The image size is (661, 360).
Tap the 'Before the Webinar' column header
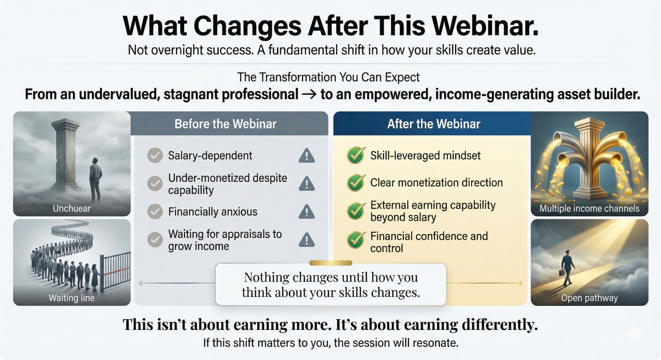[x=225, y=124]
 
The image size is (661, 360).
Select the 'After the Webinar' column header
[x=433, y=124]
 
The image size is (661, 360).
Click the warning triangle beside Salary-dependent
[x=306, y=156]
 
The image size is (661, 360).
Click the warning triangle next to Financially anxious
[x=306, y=212]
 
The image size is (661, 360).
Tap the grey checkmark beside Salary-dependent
[x=155, y=156]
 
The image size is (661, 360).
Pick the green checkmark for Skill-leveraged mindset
[x=356, y=155]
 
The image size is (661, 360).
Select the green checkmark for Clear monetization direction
[x=356, y=182]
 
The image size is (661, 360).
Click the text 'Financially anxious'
[x=212, y=212]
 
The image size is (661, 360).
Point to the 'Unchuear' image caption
[x=71, y=208]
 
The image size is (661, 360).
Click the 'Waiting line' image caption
[x=71, y=298]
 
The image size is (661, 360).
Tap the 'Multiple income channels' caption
[x=589, y=208]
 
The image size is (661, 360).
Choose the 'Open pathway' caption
[x=589, y=298]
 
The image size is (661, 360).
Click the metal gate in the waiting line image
[x=115, y=270]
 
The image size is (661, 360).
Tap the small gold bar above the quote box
[x=330, y=263]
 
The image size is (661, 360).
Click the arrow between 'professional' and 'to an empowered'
[x=309, y=95]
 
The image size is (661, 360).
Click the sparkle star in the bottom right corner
[x=635, y=333]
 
